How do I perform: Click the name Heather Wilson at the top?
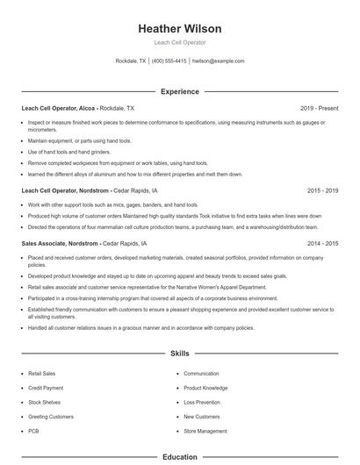point(179,28)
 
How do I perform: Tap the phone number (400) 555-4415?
point(169,61)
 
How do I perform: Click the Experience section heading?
point(179,91)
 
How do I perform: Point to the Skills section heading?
point(179,354)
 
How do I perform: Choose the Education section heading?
point(179,456)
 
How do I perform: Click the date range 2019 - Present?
point(319,108)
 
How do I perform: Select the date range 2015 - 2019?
point(322,190)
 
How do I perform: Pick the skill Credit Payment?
point(46,388)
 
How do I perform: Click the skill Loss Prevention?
point(202,402)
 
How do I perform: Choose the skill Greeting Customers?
point(51,416)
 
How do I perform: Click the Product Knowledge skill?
point(205,388)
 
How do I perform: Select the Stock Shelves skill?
point(44,402)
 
